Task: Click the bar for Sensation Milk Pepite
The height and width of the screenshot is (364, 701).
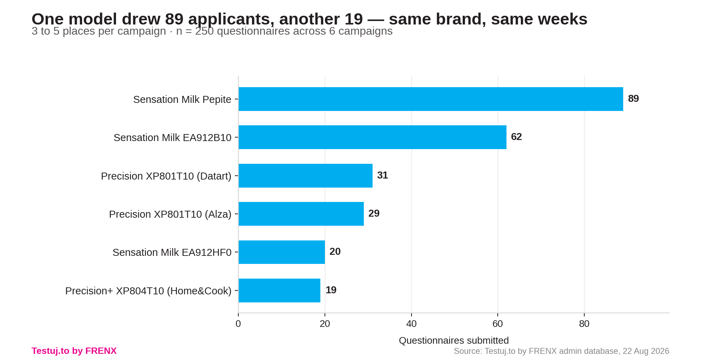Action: [x=431, y=99]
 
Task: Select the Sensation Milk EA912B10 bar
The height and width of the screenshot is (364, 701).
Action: [x=373, y=137]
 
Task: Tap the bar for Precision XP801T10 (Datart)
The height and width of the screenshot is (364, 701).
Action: [x=306, y=176]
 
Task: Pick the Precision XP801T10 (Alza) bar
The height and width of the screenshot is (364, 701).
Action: [x=301, y=214]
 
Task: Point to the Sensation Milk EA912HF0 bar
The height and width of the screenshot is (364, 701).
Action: [x=282, y=252]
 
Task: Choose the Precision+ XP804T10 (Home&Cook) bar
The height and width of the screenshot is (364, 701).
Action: [x=279, y=290]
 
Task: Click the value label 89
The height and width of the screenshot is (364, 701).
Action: [x=633, y=99]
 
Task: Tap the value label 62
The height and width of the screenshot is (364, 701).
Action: [x=516, y=137]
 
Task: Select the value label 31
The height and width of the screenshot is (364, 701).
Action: [x=382, y=175]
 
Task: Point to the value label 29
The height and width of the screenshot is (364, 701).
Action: [x=374, y=213]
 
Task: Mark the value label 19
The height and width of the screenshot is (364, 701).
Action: [x=331, y=290]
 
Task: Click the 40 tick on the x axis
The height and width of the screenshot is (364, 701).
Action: [x=411, y=324]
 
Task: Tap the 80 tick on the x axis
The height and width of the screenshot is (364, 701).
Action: [x=584, y=324]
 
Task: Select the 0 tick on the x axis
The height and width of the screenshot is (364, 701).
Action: [x=238, y=324]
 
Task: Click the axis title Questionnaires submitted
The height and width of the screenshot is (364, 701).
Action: [x=454, y=341]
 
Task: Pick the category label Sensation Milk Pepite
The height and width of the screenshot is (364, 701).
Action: [x=182, y=99]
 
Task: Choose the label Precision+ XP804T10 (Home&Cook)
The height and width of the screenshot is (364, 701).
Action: [x=148, y=291]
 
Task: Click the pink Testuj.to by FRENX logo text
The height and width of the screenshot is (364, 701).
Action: [x=74, y=351]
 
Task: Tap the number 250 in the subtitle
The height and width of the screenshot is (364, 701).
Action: [x=204, y=31]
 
